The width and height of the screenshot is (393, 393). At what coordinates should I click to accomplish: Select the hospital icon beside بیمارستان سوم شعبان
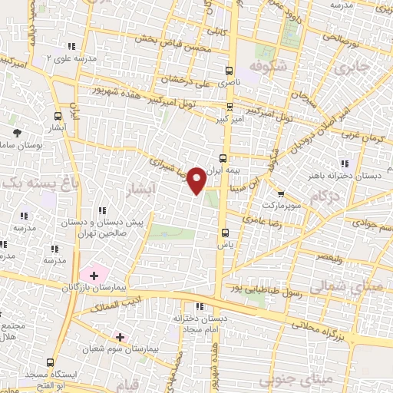coord(120,336)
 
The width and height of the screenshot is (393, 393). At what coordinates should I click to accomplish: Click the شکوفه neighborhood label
coord(268,66)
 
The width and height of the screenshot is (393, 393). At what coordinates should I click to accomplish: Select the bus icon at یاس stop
coord(224,232)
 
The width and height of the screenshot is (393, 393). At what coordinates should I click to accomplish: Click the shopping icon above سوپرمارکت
coord(281,194)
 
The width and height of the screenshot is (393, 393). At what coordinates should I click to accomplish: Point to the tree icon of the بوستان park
coord(18,132)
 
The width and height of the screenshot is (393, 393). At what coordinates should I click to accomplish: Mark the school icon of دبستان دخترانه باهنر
coord(345,163)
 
